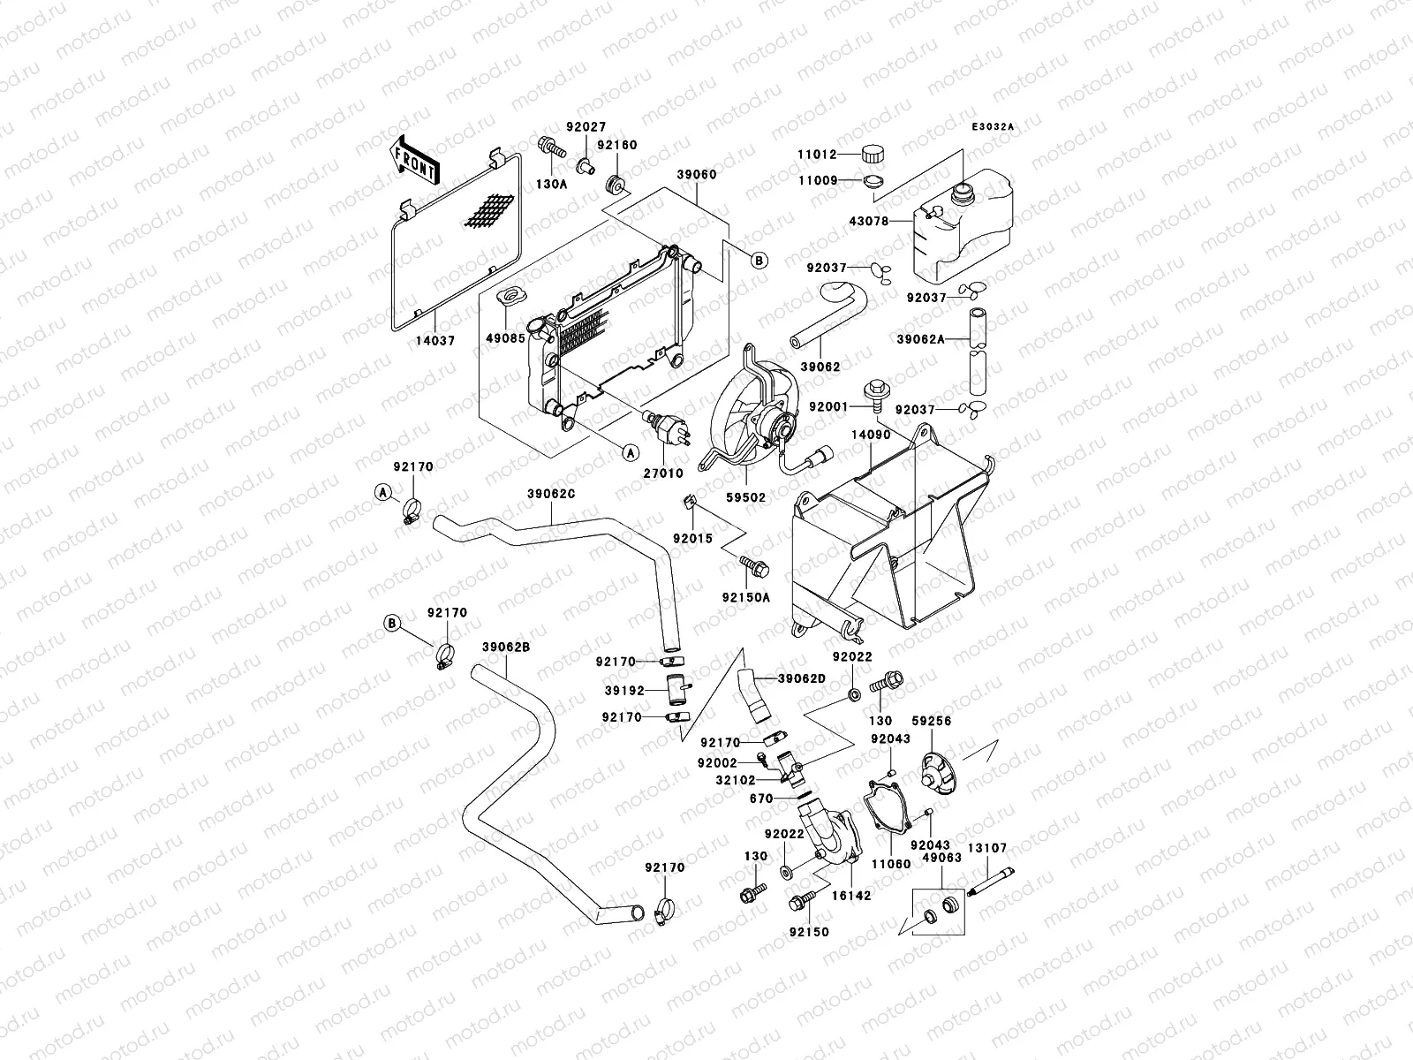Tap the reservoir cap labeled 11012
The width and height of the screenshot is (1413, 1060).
click(873, 153)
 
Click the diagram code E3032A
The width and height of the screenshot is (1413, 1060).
click(993, 127)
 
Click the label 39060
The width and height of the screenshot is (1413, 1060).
click(697, 175)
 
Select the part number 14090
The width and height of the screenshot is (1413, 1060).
click(870, 435)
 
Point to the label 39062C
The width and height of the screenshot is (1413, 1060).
click(551, 493)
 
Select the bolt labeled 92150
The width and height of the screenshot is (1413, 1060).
click(810, 932)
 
